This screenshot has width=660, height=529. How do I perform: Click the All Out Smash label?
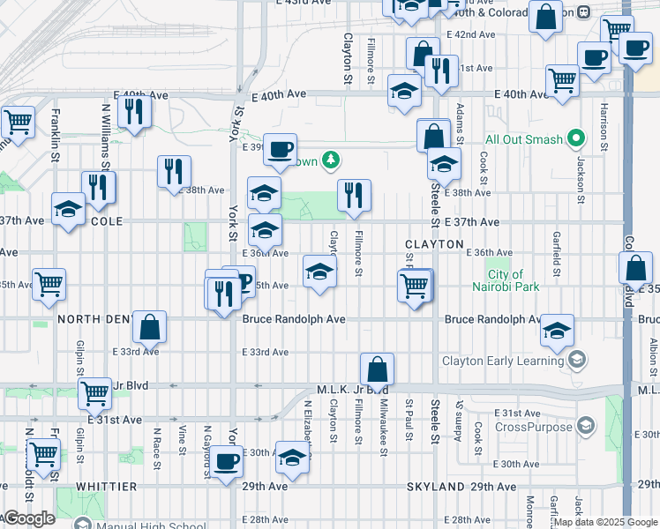525,139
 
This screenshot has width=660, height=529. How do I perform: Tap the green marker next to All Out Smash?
577,139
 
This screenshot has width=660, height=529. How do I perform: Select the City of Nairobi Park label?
518,280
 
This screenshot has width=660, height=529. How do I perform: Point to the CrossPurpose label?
529,428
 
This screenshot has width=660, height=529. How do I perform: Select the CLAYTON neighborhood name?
434,243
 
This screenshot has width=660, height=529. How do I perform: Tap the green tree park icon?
331,160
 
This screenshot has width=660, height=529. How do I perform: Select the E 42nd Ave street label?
470,34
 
